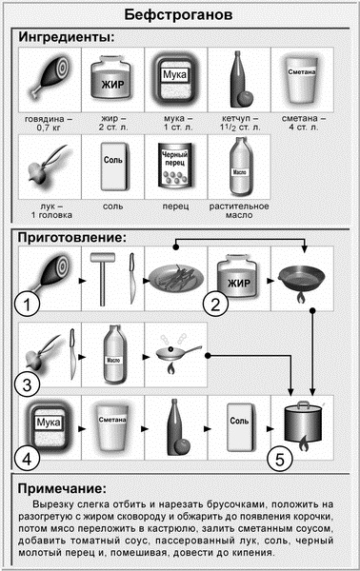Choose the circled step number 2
(217, 305)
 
